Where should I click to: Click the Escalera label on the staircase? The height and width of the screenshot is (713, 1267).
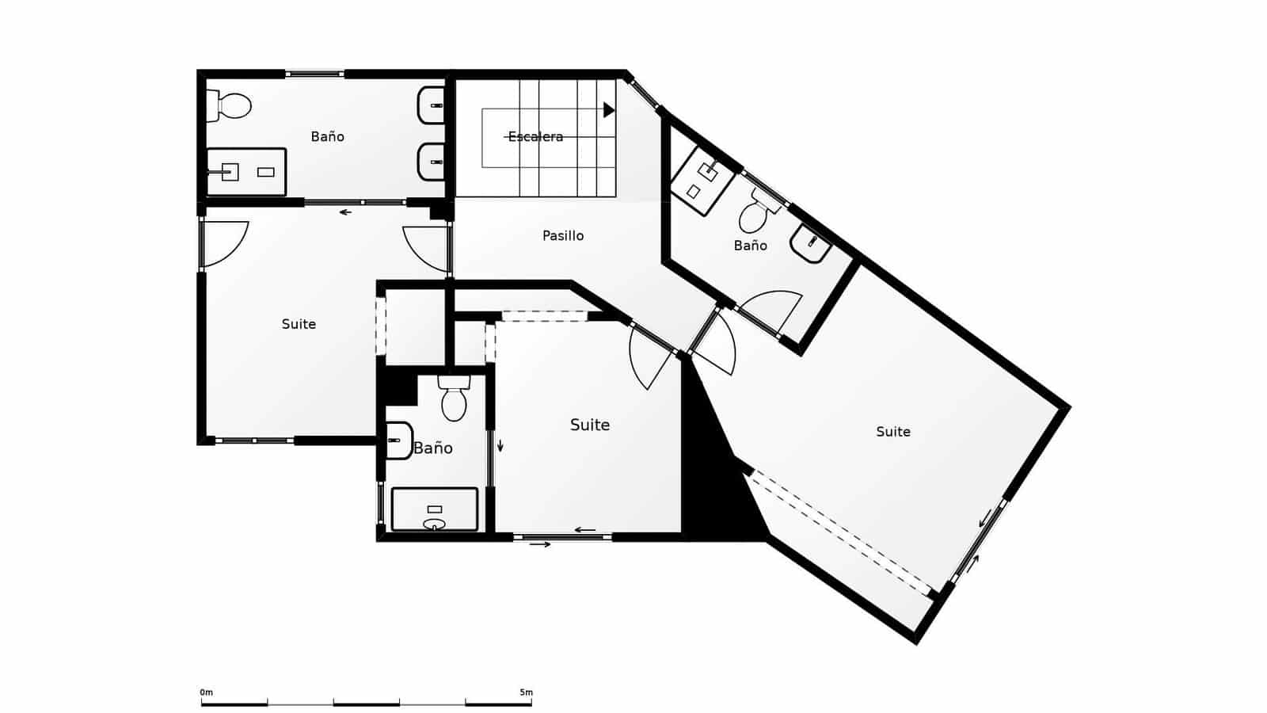point(535,137)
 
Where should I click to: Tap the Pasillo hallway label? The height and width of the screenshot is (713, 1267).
point(563,236)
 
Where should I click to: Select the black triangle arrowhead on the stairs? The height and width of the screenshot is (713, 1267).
point(608,110)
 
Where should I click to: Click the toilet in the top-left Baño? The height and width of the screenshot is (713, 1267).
point(230,105)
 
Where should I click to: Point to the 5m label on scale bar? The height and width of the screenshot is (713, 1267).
point(526,692)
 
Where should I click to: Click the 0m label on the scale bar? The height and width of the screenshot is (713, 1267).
point(206,692)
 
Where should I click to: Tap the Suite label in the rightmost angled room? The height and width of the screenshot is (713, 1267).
point(892,432)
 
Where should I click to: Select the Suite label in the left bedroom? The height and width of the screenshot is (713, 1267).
point(299,324)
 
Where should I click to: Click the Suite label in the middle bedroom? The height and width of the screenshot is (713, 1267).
point(590,425)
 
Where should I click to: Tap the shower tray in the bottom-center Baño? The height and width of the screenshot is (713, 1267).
point(435,509)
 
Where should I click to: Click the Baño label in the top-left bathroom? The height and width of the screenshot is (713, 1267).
point(327,137)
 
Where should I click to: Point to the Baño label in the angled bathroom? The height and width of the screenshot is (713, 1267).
point(750,246)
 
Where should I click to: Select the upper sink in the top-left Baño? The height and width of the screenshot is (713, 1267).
point(432,105)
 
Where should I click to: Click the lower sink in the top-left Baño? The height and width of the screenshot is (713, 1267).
point(432,162)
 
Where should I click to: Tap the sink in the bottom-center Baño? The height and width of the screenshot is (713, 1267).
point(398,440)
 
